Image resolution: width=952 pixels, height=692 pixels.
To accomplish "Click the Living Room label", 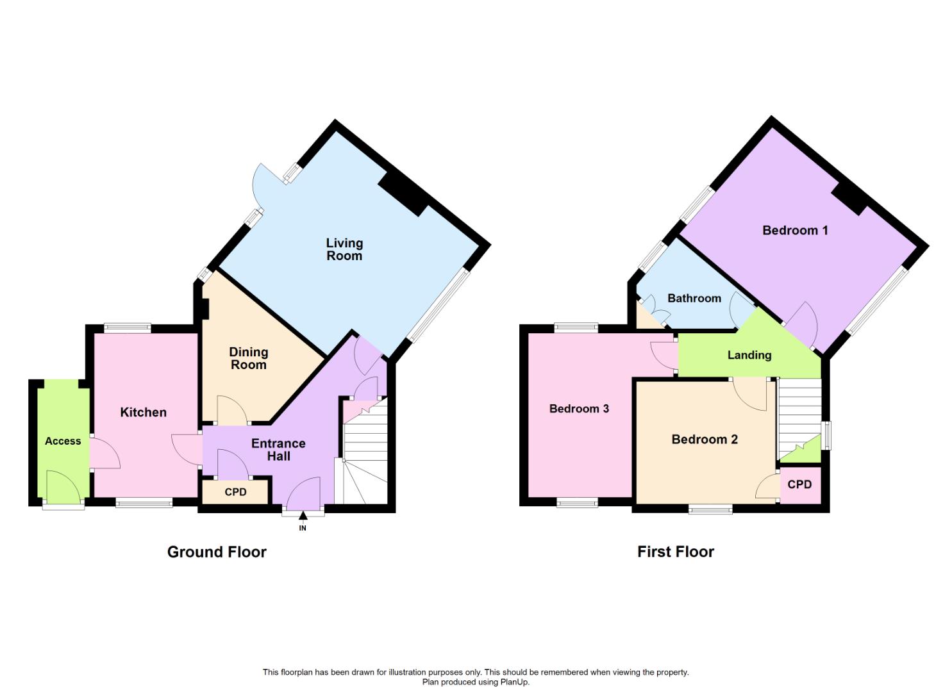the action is coord(344,249).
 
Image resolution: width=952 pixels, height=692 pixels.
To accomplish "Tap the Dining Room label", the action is coord(249,358).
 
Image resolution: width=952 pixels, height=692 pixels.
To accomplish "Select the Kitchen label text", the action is coord(143,412).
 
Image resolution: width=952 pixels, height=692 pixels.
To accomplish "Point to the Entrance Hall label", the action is coord(278,449).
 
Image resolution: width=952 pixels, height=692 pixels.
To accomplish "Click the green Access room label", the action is coord(63,441).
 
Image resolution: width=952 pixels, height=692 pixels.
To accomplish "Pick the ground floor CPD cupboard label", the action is coord(235,492).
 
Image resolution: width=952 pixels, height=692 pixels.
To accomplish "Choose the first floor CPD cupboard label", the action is coord(799,484).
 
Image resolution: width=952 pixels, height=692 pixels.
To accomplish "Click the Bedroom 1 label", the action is coord(795,230).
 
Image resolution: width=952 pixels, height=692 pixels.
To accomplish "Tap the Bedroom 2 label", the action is coord(705,440).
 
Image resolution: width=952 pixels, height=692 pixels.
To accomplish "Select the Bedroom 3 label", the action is coord(580,409).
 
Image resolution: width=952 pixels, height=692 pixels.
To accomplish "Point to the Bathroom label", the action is coord(694,298).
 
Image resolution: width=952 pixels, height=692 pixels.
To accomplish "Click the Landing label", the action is coord(749,355).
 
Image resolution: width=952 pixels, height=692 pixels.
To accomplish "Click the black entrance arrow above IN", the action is coord(303,516).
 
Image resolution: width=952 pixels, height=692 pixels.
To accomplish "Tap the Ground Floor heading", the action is coord(217,552).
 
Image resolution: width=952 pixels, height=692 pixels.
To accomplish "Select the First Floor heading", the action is coord(676,552).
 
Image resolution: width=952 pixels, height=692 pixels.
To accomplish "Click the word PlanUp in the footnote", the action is coord(514,682).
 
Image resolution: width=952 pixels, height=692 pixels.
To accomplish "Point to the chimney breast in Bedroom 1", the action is coord(849,199).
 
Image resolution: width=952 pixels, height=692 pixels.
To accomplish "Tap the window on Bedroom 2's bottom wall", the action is coord(710,509).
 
